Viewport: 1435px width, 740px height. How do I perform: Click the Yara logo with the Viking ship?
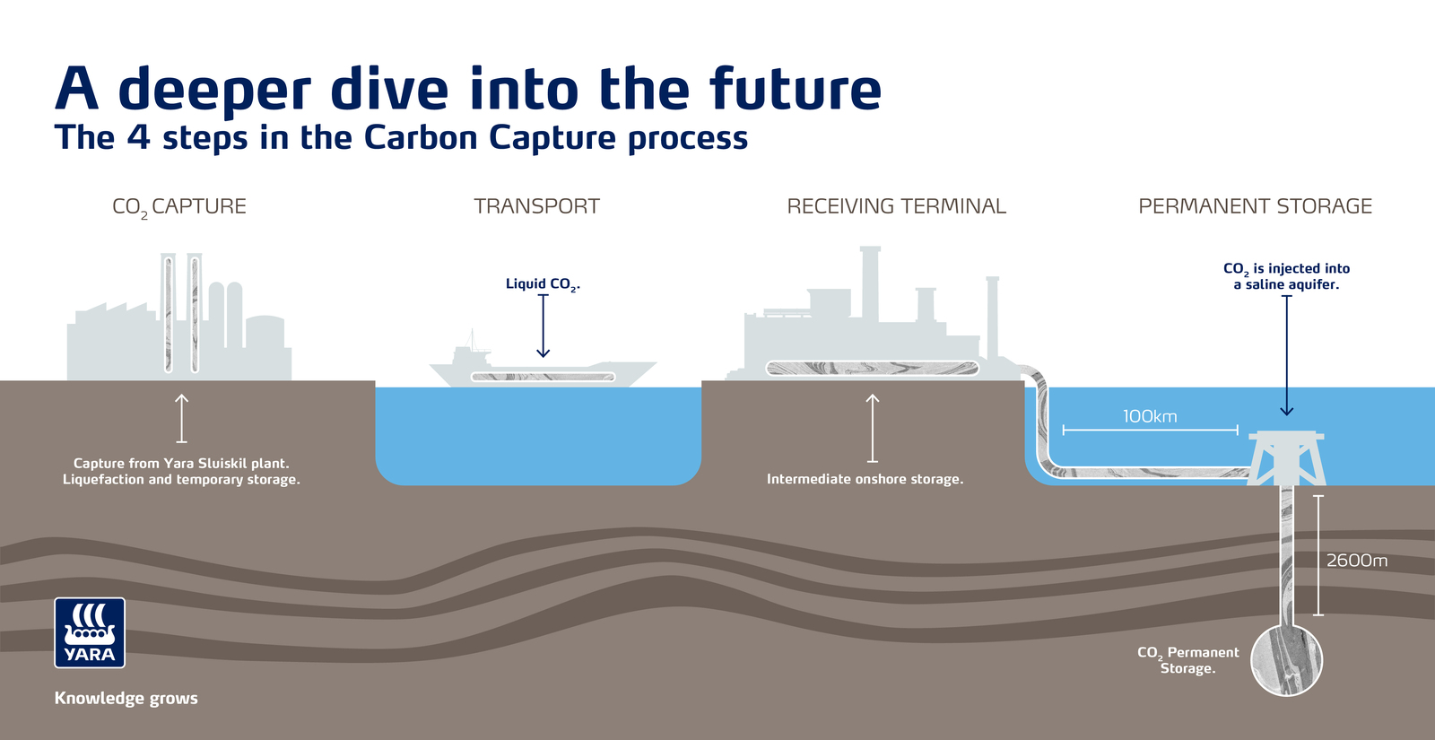click(90, 632)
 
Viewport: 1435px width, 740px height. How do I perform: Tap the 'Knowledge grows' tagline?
click(126, 698)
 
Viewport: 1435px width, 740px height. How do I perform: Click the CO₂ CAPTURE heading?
click(178, 206)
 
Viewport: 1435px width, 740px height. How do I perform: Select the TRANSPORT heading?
click(536, 206)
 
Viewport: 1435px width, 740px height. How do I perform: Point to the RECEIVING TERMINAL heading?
click(896, 206)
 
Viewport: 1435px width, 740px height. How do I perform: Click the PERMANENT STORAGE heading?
click(1255, 206)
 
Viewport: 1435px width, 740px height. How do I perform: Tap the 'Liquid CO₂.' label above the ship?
click(543, 284)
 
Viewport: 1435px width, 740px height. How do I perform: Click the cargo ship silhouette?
click(543, 370)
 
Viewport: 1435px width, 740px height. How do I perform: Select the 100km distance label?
click(1149, 416)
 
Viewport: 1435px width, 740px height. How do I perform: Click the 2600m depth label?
click(1356, 561)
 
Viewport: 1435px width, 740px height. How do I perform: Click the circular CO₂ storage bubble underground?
click(1286, 660)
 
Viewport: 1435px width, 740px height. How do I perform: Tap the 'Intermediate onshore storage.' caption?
click(865, 479)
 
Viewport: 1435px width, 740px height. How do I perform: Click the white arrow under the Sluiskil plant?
click(181, 418)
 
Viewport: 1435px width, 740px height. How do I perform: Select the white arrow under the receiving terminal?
click(872, 427)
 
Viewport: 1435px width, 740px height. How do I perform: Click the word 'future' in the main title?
click(795, 90)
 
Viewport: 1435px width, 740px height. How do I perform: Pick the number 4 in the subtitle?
click(138, 137)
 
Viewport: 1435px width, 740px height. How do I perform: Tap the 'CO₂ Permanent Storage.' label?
click(1187, 660)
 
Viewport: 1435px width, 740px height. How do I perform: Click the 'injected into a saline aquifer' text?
click(1286, 276)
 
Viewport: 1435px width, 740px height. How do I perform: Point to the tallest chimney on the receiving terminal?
click(869, 283)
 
